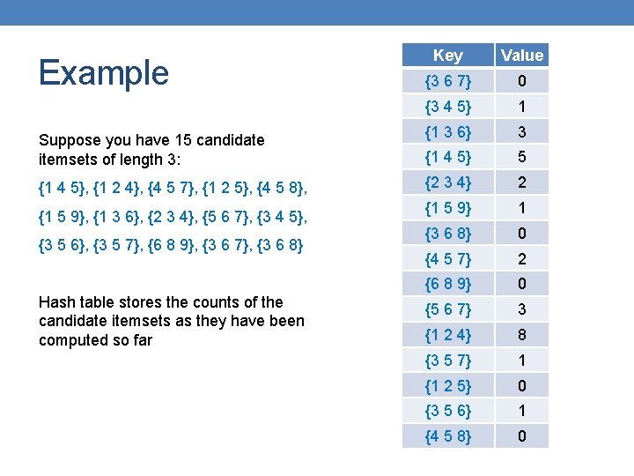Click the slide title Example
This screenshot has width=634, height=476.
[104, 72]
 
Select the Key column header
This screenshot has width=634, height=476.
[447, 56]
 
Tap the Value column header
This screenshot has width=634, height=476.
[522, 56]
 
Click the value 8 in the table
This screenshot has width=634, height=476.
[522, 335]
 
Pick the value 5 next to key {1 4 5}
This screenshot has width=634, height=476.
[522, 158]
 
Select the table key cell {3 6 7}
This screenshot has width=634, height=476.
[447, 82]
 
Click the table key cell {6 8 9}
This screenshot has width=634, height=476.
[447, 284]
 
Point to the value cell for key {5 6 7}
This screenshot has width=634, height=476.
[522, 309]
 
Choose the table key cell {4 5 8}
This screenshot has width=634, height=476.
[447, 436]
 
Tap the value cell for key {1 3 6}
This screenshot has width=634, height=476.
[522, 132]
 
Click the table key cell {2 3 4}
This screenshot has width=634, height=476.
[447, 183]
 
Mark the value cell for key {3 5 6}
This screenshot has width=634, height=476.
[522, 411]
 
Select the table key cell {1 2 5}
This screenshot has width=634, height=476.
[447, 385]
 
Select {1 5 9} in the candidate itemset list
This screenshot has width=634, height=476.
[63, 215]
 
